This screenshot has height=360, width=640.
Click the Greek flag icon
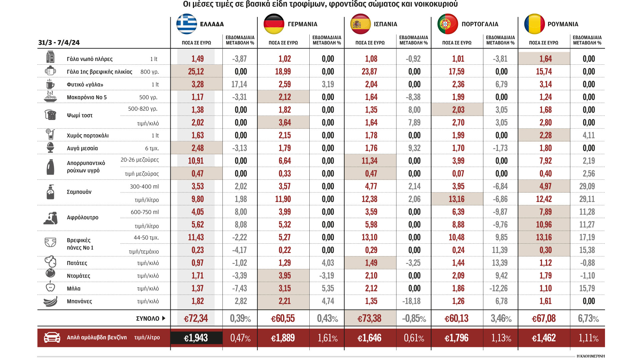pos(187,24)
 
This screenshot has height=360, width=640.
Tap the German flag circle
pos(274,24)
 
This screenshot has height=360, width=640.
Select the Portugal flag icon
pos(447,24)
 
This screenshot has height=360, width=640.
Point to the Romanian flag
pos(534,24)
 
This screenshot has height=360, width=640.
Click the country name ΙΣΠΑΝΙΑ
pos(385,24)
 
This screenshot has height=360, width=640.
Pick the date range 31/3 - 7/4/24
pos(59,43)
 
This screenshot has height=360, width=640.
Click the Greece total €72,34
pos(196,319)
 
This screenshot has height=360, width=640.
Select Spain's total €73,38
pos(369,319)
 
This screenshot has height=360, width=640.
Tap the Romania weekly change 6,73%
pos(588,319)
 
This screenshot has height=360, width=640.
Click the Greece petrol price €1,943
pos(196,338)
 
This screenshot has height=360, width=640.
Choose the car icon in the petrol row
pos(52,338)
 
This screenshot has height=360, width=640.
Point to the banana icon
pos(50,301)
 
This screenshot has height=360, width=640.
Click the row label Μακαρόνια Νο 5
pos(87,97)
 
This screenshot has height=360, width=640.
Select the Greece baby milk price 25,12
pos(196,72)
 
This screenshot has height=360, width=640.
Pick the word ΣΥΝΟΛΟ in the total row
pos(148,319)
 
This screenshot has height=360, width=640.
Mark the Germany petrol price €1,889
pos(283,338)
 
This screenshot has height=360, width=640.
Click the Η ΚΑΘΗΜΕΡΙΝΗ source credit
pos(590,356)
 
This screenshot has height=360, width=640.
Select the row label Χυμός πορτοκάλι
pos(88,136)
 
